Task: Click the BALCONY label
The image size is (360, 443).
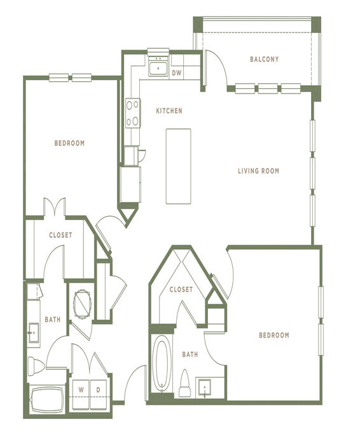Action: (264, 59)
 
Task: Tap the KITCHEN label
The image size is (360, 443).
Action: (169, 111)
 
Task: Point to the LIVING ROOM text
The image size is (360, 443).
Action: (258, 170)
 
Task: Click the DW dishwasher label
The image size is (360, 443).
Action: (177, 73)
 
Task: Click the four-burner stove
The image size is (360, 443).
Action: (133, 113)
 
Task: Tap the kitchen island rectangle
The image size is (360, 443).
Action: (178, 166)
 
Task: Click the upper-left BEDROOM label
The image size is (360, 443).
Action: (69, 143)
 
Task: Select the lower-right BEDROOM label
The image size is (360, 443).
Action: (274, 335)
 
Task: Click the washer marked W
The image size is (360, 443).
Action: (81, 395)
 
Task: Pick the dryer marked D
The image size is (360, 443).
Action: (98, 395)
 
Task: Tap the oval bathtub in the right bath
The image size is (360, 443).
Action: (162, 364)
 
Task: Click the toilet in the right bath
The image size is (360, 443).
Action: (184, 383)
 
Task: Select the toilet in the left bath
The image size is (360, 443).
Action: (36, 366)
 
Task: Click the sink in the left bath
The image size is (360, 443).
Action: (34, 333)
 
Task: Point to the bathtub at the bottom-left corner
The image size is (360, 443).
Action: (47, 400)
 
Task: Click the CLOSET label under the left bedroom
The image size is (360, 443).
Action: (60, 235)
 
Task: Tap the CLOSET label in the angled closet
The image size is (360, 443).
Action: (181, 289)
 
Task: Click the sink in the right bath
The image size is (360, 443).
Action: (204, 387)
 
